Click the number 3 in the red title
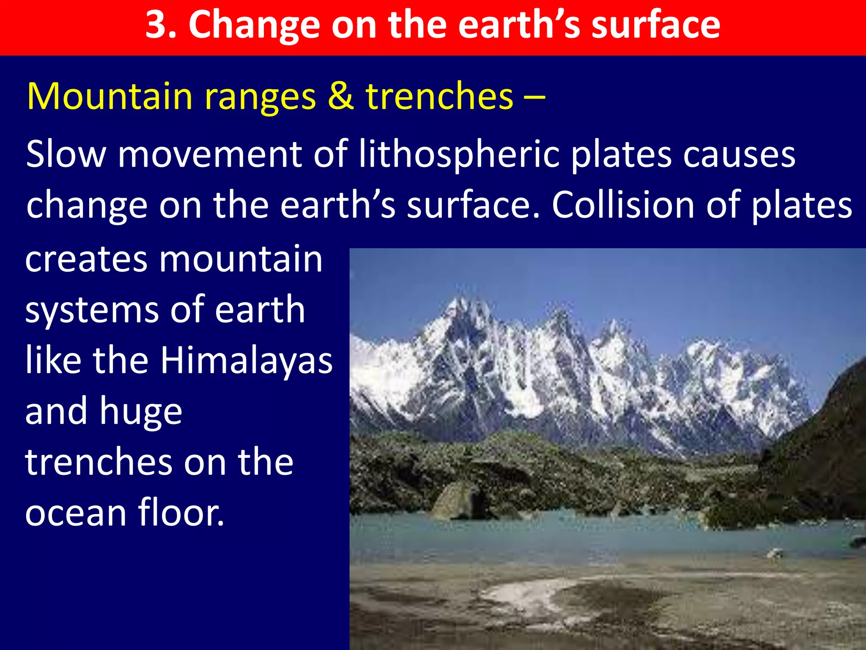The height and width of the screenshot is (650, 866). click(156, 25)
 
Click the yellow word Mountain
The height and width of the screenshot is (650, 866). click(110, 96)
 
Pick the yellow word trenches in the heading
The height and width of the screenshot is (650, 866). click(440, 96)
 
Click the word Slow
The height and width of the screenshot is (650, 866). click(66, 154)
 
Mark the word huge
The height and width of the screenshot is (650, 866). click(141, 413)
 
